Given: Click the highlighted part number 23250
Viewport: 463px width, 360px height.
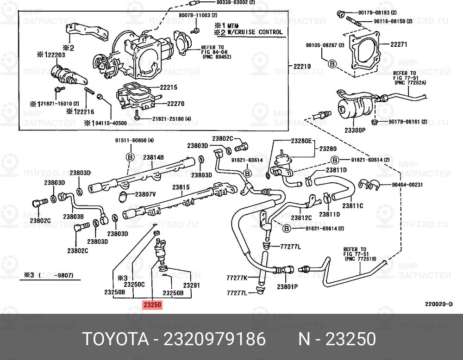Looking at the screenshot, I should coord(152,305).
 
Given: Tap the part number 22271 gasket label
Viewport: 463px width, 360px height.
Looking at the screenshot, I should coord(398,45).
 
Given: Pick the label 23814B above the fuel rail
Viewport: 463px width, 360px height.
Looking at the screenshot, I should coord(153,157).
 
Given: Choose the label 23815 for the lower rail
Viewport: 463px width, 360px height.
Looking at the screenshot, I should coord(181,187).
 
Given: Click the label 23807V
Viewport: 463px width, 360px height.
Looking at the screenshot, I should coord(148,194).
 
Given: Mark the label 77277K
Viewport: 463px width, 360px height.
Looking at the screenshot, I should coord(237,278).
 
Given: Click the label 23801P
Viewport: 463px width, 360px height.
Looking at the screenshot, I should coord(287,286).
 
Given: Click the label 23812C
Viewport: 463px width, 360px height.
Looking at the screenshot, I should coord(301,217).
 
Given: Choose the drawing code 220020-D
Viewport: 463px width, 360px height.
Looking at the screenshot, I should coord(438,304).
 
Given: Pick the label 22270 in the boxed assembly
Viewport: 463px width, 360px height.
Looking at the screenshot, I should coord(175,104).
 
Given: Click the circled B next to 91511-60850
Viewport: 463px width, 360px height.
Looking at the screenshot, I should coord(130,157).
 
